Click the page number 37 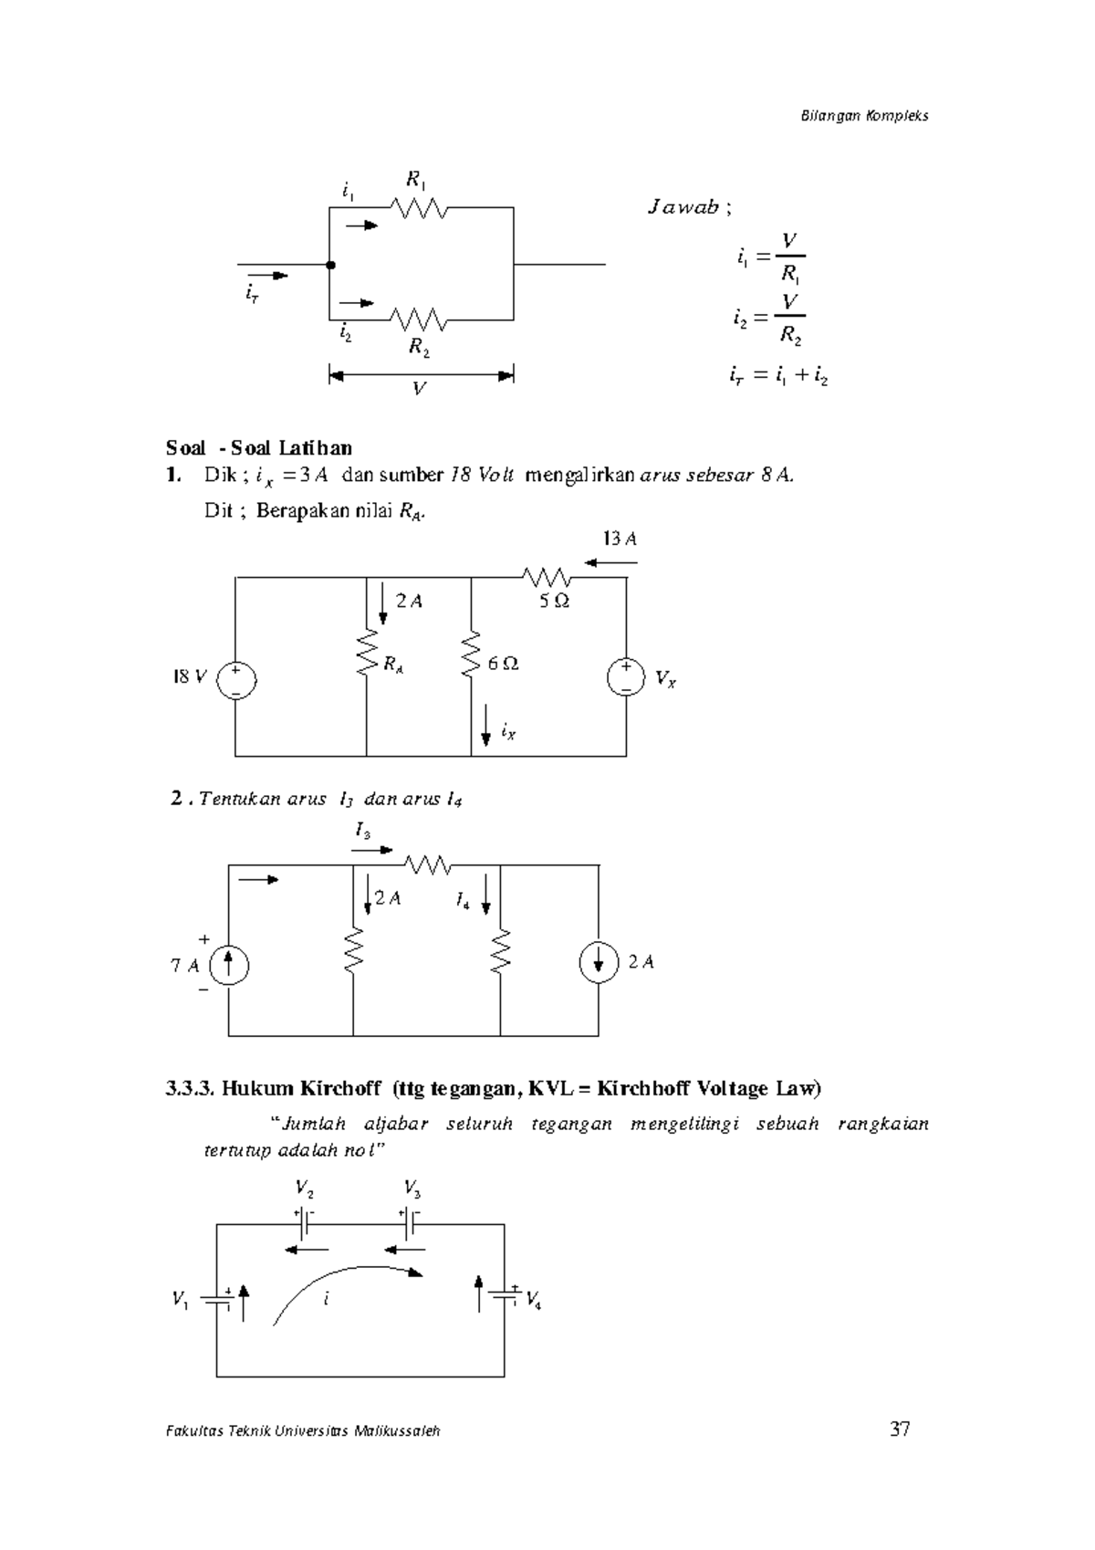pos(900,1430)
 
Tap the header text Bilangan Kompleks pos(864,116)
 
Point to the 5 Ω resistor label pos(554,602)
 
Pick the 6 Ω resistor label pos(503,664)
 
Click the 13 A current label pos(619,539)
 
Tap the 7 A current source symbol pos(228,965)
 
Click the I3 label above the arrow pos(362,832)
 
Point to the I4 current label pos(463,902)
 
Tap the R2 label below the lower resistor pos(418,347)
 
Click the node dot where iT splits pos(330,265)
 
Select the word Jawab pos(683,207)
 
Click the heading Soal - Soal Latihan pos(258,447)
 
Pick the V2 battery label pos(305,1189)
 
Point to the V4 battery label pos(534,1300)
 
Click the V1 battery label pos(181,1299)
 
